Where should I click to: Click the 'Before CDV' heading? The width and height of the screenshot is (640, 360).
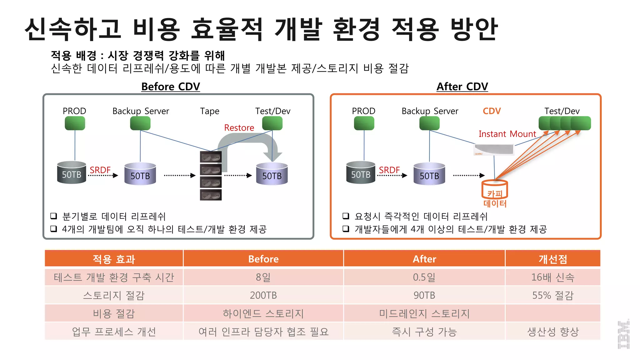point(171,87)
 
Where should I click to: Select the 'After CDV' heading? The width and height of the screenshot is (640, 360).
point(462,87)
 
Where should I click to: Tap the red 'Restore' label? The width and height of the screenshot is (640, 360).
point(239,128)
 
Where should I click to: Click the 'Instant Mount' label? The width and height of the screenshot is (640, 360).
point(507,134)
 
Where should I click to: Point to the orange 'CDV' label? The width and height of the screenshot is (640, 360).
point(492,111)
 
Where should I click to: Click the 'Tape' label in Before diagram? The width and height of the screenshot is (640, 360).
point(210,111)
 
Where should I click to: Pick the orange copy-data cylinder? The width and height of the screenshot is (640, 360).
point(495,189)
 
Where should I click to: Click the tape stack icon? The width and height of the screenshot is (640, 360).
point(211,176)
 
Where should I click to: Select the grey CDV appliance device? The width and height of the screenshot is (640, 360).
point(494,150)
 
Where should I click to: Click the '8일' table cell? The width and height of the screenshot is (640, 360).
point(263,277)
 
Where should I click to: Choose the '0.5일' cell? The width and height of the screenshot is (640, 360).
point(424,277)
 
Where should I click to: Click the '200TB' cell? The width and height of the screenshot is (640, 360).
point(263,295)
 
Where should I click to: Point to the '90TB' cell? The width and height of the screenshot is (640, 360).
point(424,295)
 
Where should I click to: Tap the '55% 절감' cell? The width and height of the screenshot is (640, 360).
point(553,295)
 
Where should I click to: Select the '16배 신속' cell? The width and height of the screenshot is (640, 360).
point(553,277)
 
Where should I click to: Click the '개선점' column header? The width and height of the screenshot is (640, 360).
point(553,259)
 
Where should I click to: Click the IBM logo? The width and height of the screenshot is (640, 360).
point(623,334)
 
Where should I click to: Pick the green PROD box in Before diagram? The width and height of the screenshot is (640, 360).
point(75,123)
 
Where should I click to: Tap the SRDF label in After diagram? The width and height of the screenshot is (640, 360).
point(389,170)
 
